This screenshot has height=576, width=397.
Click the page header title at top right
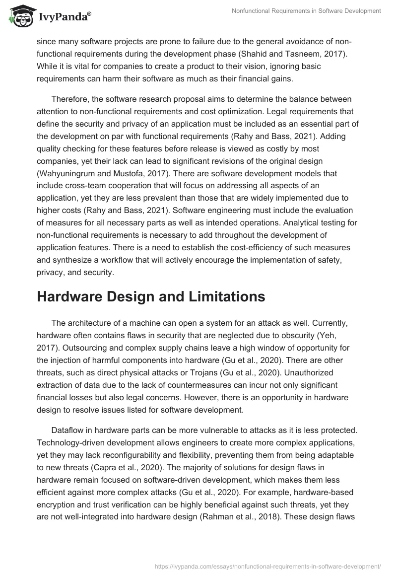[306, 11]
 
